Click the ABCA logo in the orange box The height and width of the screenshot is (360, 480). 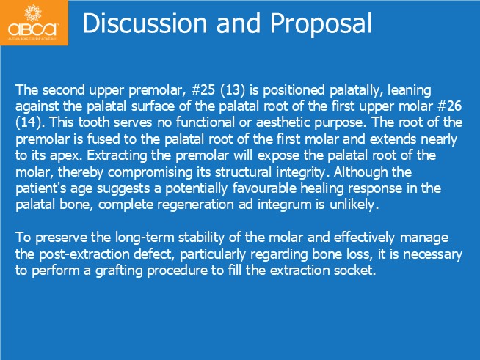tap(33, 22)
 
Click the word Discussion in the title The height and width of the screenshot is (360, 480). tap(145, 23)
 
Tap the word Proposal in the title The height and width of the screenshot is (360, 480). tap(321, 24)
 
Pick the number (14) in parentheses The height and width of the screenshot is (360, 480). tap(29, 122)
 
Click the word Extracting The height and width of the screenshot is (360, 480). tap(117, 155)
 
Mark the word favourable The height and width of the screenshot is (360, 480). tap(264, 188)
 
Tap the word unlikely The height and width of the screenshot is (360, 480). tap(354, 205)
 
